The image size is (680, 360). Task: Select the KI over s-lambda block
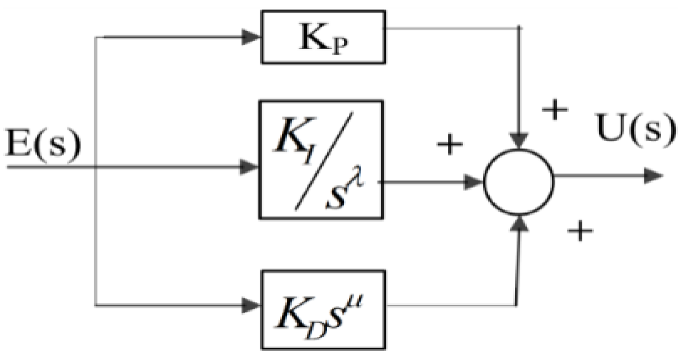[321, 159]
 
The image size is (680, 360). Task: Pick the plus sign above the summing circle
[555, 111]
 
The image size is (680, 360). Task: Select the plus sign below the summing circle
[579, 229]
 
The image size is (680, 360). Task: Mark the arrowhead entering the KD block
[251, 305]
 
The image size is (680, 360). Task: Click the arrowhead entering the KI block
[251, 167]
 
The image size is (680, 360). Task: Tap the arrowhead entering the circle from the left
[474, 182]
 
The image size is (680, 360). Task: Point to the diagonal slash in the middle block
[323, 160]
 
